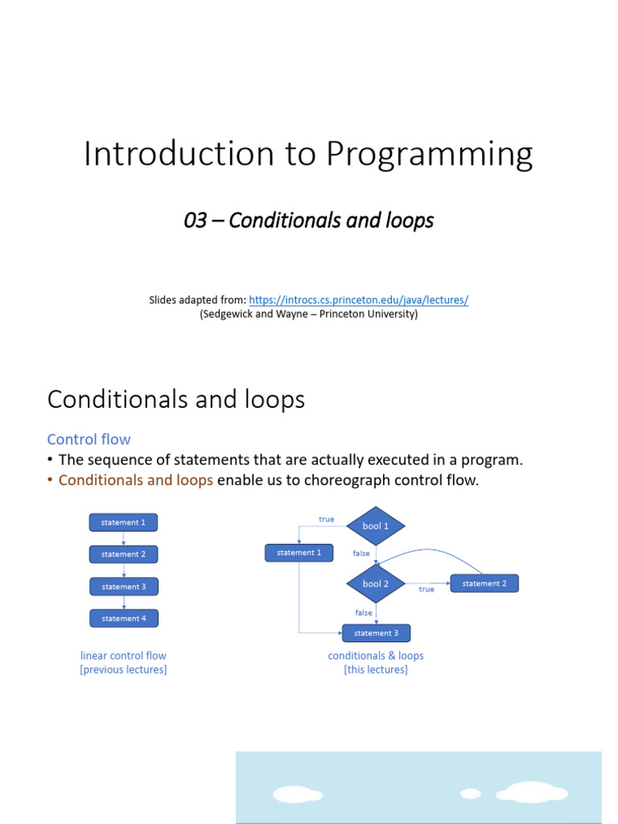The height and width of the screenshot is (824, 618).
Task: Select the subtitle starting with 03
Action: point(308,220)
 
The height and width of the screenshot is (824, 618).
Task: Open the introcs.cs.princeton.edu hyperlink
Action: point(358,299)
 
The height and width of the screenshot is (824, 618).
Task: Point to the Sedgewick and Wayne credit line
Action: point(308,315)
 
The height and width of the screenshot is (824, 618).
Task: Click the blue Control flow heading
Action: point(89,439)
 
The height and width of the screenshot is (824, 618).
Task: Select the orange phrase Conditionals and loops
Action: point(135,480)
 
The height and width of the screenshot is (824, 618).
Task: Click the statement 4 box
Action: point(124,618)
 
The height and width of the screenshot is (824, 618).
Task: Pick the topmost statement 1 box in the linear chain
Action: point(123,522)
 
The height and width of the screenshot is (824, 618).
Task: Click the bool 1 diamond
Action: point(376,526)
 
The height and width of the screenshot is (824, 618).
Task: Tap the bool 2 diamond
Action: point(376,583)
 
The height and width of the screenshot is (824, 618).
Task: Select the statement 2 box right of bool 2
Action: point(484,583)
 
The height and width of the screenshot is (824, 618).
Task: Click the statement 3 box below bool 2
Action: point(376,633)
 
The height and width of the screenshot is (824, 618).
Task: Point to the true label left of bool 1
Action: point(326,519)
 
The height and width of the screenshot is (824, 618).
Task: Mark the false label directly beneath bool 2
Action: point(364,612)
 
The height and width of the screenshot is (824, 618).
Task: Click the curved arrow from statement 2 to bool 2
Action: point(435,550)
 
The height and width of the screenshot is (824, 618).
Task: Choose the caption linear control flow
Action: point(123,656)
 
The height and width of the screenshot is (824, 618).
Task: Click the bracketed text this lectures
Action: point(376,669)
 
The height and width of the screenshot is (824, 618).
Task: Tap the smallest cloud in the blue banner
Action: point(470,793)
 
